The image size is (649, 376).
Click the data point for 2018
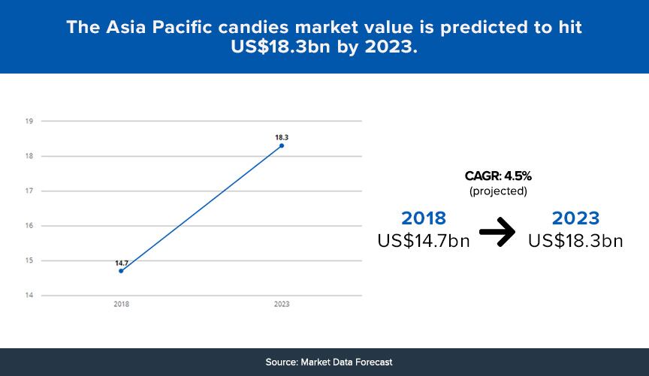121,271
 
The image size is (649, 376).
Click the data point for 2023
282,146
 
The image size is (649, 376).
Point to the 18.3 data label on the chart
282,137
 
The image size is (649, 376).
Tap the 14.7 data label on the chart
122,263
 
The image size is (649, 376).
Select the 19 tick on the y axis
29,121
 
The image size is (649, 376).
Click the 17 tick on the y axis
29,191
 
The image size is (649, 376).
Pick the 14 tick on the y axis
29,296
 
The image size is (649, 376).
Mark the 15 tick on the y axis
29,260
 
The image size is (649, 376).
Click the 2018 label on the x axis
121,304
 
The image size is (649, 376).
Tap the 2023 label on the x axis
282,304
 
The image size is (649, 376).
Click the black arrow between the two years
497,232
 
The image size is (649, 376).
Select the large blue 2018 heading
424,218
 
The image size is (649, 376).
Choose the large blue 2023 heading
575,218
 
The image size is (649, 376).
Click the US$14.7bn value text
424,241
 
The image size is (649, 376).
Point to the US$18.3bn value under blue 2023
575,241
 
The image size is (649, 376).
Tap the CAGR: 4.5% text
498,176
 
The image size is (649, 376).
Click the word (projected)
498,191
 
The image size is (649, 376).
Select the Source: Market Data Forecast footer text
329,362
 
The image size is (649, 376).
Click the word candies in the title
253,27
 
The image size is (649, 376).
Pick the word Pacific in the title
183,27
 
